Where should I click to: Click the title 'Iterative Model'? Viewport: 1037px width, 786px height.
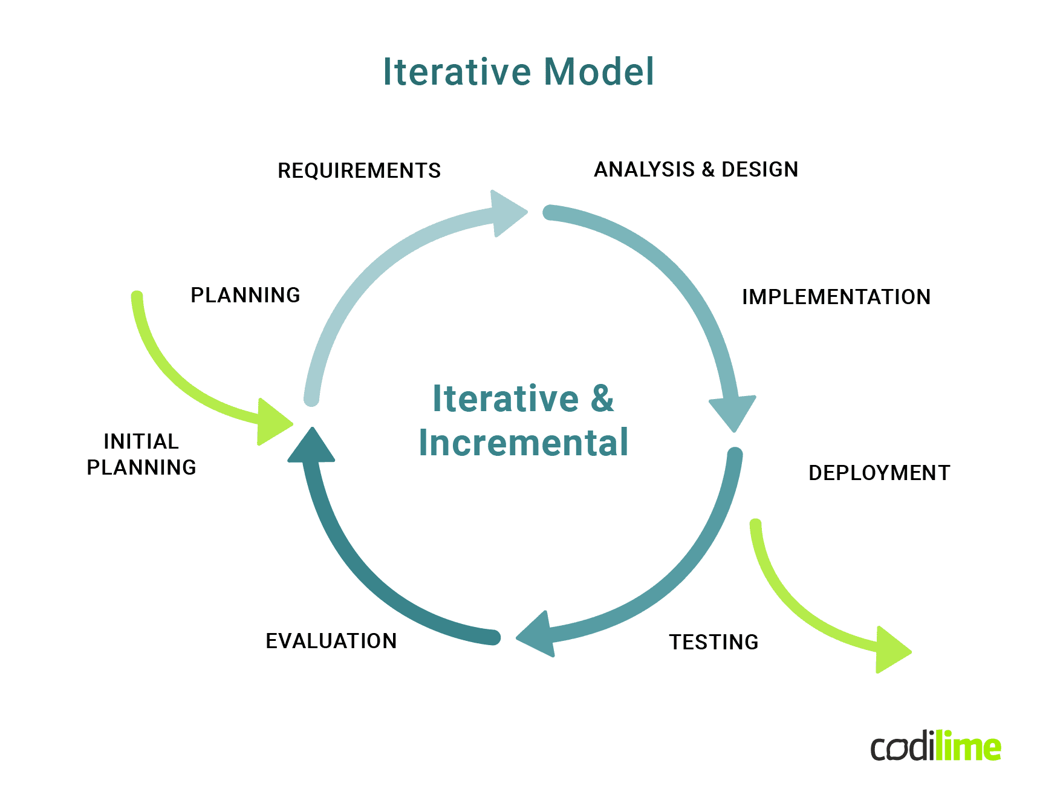[518, 71]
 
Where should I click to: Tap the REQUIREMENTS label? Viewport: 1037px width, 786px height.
[359, 171]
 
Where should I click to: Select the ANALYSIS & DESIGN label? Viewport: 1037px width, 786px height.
[696, 170]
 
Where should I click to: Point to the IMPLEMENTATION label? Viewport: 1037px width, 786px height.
[836, 297]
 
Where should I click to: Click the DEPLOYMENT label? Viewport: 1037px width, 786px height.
[879, 473]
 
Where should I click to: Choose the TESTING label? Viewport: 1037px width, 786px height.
[714, 642]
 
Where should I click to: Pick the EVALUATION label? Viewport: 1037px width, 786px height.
[331, 641]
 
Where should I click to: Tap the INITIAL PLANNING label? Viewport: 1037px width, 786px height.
[141, 454]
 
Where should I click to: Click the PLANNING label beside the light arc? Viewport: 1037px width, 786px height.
[245, 295]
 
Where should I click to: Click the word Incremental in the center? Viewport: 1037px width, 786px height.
[524, 443]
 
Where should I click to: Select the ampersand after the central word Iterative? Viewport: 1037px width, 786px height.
[602, 399]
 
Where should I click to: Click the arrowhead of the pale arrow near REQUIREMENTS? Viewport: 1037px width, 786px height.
[507, 213]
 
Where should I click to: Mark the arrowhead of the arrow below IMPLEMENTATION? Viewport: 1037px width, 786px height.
[733, 412]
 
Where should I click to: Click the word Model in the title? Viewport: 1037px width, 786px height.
[599, 71]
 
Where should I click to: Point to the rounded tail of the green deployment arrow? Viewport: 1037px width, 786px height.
[756, 526]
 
